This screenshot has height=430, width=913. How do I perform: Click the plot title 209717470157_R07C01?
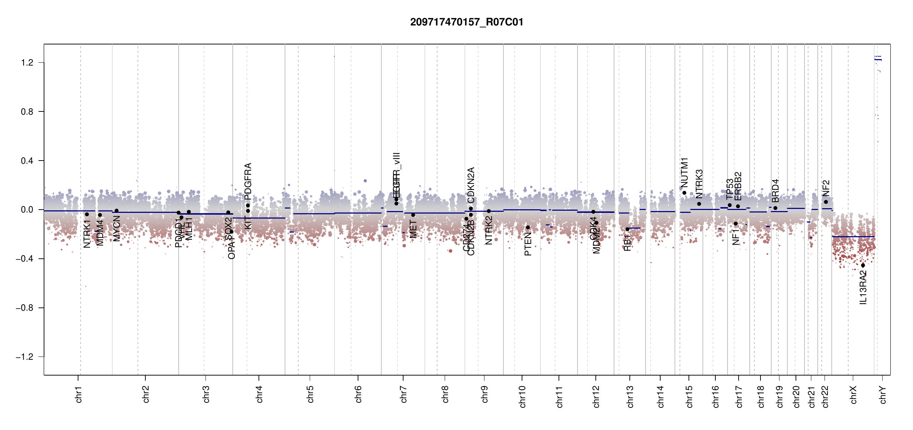(467, 22)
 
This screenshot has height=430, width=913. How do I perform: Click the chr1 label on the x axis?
(79, 394)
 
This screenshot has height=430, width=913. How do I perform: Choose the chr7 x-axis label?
(404, 394)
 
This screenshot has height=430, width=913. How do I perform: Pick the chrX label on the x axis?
(853, 395)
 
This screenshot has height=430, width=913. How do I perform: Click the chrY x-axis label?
(883, 395)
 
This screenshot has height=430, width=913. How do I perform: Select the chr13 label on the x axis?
(630, 396)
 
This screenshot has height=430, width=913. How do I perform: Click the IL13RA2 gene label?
(863, 288)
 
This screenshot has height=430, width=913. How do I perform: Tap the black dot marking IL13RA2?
(863, 266)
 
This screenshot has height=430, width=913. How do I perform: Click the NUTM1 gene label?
(684, 172)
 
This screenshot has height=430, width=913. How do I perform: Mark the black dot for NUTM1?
(684, 193)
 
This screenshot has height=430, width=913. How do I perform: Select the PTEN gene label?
(528, 244)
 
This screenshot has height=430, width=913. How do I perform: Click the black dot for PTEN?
(528, 228)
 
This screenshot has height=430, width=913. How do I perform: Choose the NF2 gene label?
(826, 188)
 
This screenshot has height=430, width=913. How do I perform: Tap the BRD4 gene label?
(775, 191)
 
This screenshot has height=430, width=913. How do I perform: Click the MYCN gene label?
(117, 228)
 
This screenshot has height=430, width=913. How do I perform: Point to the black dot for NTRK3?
(699, 204)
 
